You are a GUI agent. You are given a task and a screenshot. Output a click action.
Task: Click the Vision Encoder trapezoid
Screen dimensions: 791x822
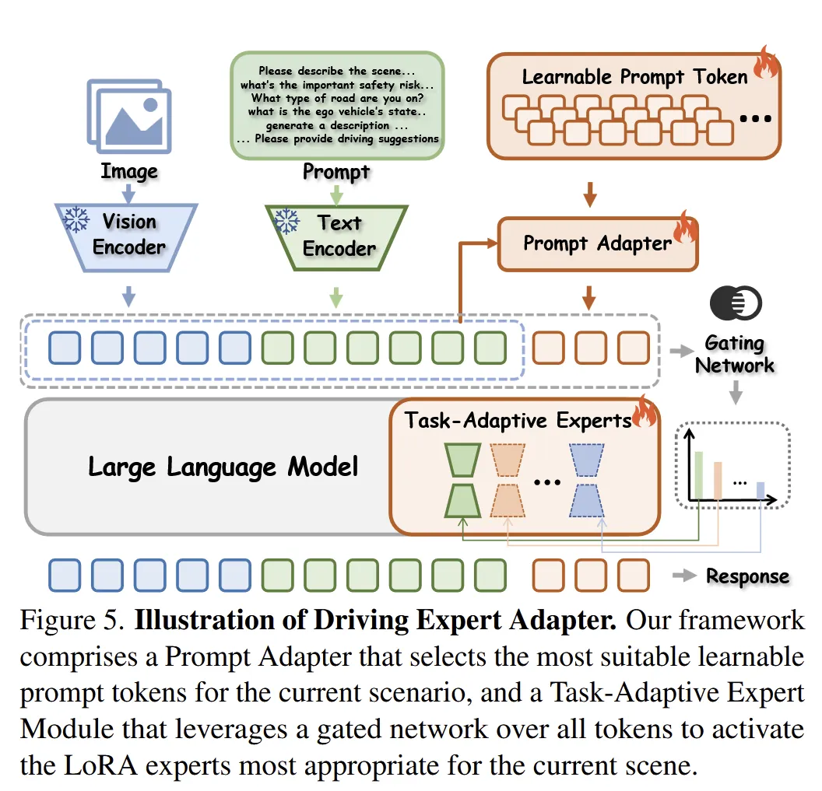click(x=128, y=236)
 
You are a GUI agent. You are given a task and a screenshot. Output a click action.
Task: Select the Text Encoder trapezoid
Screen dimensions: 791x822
click(x=336, y=236)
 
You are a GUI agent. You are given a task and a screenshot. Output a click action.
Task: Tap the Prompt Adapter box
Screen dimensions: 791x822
click(x=597, y=243)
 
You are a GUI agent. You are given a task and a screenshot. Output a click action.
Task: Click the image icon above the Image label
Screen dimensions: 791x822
click(x=128, y=117)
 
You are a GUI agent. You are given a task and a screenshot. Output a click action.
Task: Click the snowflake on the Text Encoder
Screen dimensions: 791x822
click(x=286, y=222)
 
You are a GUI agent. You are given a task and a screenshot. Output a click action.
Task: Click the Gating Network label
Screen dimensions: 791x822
click(x=734, y=354)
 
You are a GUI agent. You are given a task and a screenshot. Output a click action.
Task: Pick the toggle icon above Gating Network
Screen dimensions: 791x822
click(x=735, y=303)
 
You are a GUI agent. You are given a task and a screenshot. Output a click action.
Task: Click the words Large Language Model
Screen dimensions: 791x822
click(x=223, y=467)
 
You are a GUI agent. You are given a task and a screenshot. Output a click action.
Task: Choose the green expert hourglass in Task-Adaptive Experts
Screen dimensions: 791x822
click(x=462, y=480)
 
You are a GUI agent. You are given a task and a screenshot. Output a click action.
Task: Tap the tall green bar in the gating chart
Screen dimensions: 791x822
click(x=698, y=476)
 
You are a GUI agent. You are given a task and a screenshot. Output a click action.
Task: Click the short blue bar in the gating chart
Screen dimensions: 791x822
click(x=761, y=491)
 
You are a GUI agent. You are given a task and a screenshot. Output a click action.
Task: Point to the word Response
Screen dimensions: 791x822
click(x=746, y=576)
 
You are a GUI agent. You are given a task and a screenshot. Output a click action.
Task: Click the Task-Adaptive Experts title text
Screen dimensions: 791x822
click(x=517, y=421)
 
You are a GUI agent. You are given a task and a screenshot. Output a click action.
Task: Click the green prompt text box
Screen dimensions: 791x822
click(x=337, y=105)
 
